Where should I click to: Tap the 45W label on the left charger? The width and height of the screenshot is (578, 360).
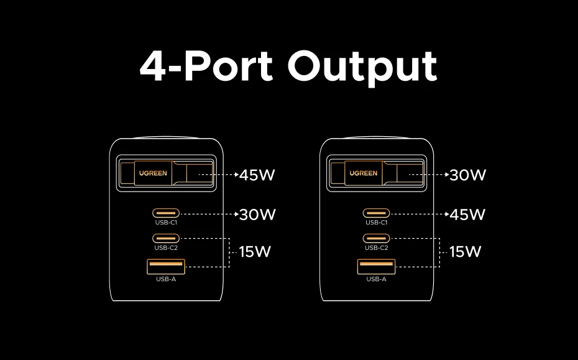click(x=257, y=175)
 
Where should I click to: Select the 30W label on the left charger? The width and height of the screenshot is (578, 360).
click(x=257, y=215)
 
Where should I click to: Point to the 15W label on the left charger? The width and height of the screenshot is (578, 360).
click(x=255, y=252)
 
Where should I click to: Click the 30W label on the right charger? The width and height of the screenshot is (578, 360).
click(x=467, y=175)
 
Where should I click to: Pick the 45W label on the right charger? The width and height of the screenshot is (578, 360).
click(x=467, y=215)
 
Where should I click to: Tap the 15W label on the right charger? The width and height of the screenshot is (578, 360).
click(x=466, y=252)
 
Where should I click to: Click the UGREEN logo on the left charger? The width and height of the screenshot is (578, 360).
click(x=153, y=173)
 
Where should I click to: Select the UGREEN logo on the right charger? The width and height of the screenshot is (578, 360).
click(x=363, y=173)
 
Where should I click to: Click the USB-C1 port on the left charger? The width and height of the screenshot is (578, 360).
click(x=166, y=213)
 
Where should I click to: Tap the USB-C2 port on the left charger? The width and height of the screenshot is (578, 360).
click(x=166, y=238)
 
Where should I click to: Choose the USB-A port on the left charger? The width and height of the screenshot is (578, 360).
click(x=166, y=267)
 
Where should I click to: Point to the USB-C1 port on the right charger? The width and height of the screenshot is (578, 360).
click(x=376, y=213)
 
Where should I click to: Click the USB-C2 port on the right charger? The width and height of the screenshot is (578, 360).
click(x=376, y=238)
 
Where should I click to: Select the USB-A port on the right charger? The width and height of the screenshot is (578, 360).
click(x=376, y=267)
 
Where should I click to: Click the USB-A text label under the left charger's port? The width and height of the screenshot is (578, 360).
click(x=166, y=279)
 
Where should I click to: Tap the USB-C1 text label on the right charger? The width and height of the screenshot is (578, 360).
click(x=376, y=223)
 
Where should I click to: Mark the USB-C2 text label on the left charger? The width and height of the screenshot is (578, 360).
click(x=166, y=247)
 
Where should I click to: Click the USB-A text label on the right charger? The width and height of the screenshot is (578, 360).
click(x=376, y=279)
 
